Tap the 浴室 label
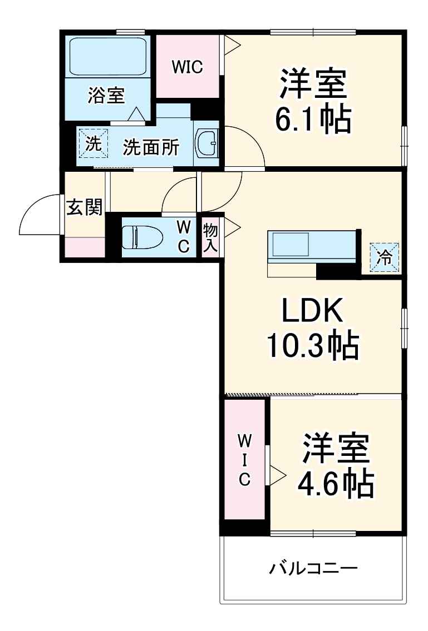[x=105, y=96]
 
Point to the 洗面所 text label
[x=151, y=147]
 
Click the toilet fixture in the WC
[x=142, y=237]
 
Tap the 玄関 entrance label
[x=84, y=208]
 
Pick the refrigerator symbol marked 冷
[x=385, y=257]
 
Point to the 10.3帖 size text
[x=312, y=346]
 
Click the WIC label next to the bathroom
[x=188, y=67]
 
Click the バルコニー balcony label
[x=313, y=568]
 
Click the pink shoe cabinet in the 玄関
[x=84, y=247]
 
